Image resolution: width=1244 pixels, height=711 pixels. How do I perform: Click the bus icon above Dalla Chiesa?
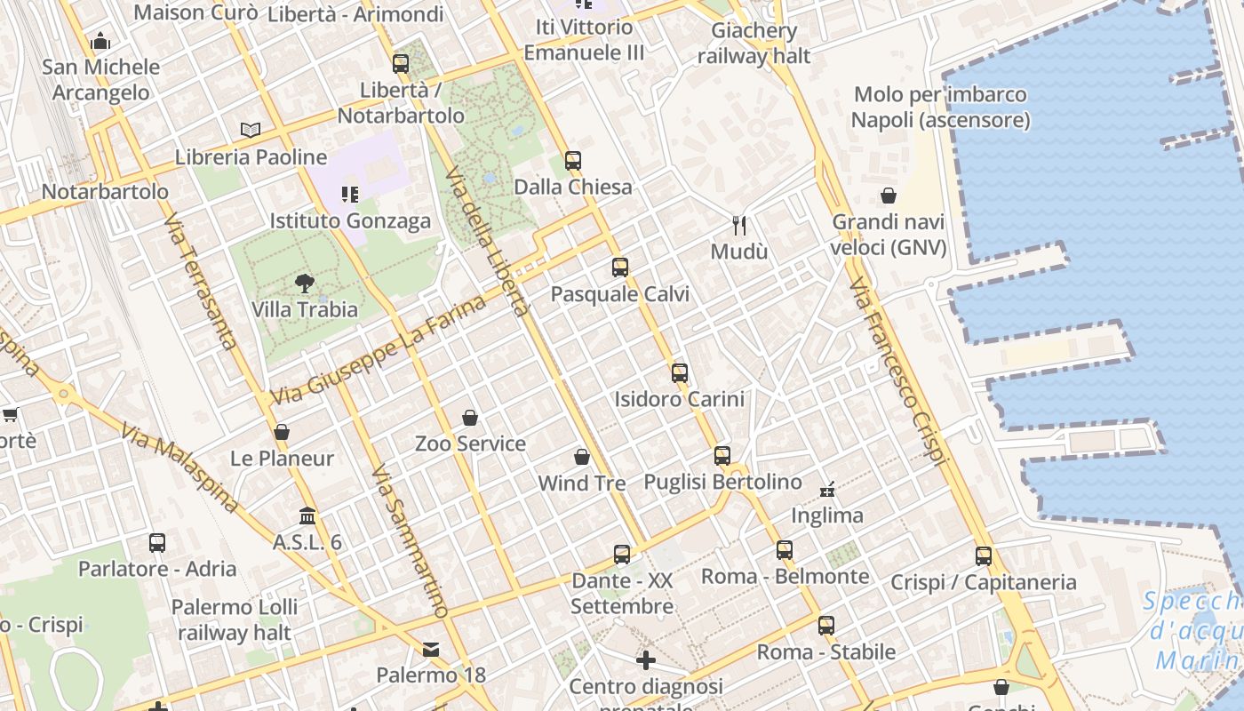pyautogui.click(x=573, y=161)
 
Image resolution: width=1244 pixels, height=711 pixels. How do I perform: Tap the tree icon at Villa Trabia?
pyautogui.click(x=305, y=284)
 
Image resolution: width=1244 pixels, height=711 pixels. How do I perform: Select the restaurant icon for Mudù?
pyautogui.click(x=738, y=225)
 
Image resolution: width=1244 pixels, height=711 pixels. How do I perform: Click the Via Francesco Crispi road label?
pyautogui.click(x=898, y=371)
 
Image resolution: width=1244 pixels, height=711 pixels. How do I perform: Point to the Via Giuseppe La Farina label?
pyautogui.click(x=379, y=349)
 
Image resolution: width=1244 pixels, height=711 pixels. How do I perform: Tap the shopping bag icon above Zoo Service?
pyautogui.click(x=470, y=417)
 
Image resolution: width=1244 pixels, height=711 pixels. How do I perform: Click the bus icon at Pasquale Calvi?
pyautogui.click(x=620, y=267)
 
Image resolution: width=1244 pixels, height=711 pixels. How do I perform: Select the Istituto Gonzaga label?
pyautogui.click(x=350, y=220)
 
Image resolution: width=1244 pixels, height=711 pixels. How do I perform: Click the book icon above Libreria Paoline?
pyautogui.click(x=251, y=130)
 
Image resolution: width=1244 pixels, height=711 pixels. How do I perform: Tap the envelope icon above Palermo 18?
pyautogui.click(x=431, y=650)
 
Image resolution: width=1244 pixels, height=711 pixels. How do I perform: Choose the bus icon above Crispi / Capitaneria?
pyautogui.click(x=984, y=556)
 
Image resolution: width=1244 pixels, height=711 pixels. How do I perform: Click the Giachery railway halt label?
pyautogui.click(x=754, y=44)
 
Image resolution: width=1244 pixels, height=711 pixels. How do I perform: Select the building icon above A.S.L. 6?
pyautogui.click(x=307, y=515)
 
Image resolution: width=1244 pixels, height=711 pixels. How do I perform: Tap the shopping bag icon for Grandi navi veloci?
pyautogui.click(x=888, y=196)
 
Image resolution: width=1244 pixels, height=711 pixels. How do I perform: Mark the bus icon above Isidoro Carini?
pyautogui.click(x=680, y=372)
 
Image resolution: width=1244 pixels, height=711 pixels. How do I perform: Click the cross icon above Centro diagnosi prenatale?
pyautogui.click(x=646, y=660)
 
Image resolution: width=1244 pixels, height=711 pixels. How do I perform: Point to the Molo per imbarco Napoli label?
pyautogui.click(x=940, y=107)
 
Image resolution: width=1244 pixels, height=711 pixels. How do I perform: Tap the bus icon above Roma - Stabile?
pyautogui.click(x=826, y=625)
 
